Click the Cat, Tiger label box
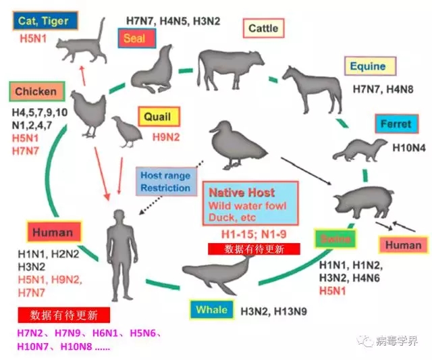45,21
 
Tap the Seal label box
137,38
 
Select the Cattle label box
263,28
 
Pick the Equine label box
370,66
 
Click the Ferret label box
397,124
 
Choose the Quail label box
159,117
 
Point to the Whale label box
212,310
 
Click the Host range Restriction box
167,182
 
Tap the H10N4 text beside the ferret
409,148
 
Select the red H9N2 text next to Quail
166,137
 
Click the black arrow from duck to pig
306,171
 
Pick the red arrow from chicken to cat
82,76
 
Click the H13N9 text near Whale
290,311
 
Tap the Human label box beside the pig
403,245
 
